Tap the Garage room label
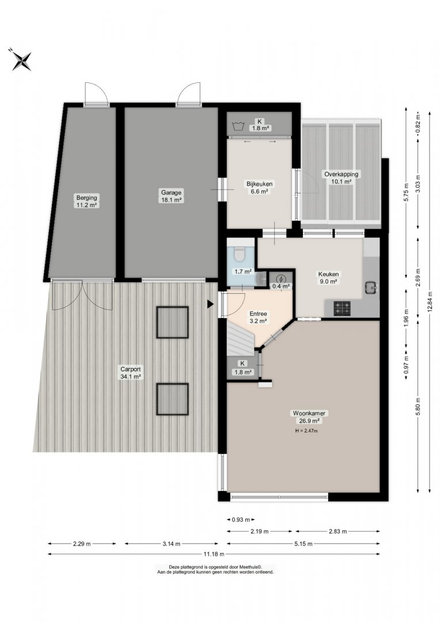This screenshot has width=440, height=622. tap(172, 193)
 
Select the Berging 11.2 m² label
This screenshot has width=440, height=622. tap(86, 201)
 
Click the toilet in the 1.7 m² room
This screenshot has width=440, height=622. tap(240, 254)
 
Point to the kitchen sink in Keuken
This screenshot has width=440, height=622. tap(371, 287)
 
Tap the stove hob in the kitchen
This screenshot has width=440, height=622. tap(342, 308)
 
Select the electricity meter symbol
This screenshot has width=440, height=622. tap(280, 279)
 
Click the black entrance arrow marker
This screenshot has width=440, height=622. tap(210, 304)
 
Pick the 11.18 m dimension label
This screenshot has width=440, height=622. tap(214, 554)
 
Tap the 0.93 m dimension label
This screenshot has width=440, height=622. tap(241, 519)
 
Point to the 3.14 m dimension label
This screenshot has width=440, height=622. tap(172, 544)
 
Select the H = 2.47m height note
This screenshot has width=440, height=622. tap(306, 430)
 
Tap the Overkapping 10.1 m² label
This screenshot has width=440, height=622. tap(341, 178)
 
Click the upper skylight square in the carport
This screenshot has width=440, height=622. tap(172, 322)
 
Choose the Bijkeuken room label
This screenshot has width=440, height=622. tap(260, 184)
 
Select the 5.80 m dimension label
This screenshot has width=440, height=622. tap(418, 407)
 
